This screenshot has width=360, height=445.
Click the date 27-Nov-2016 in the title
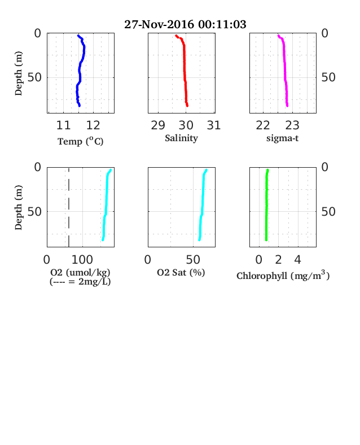pos(159,24)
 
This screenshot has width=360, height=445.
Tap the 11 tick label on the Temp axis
pos(63,125)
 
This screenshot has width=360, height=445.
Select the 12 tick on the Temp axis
pos(93,125)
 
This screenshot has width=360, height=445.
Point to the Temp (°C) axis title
pos(81,141)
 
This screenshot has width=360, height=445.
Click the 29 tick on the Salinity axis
pos(158,125)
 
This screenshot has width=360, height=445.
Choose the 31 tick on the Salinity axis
pos(214,125)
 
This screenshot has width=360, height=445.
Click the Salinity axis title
pos(182,138)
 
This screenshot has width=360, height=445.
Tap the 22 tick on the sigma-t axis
pos(263,125)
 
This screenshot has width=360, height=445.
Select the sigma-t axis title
pos(282,138)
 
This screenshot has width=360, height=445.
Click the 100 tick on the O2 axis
pos(82,260)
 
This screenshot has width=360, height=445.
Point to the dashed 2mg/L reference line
pos(69,207)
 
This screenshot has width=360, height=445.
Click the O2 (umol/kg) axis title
pos(80,272)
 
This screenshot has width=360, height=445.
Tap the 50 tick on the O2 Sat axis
pos(193,260)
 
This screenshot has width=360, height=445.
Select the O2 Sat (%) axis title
pos(181,272)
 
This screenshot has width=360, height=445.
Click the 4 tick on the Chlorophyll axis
pos(297,260)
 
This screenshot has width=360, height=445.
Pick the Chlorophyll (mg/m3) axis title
pos(283,275)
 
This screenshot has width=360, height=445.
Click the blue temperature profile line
pos(80,71)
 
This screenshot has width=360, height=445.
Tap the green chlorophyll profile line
pos(266,205)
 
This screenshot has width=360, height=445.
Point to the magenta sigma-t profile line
pos(284,71)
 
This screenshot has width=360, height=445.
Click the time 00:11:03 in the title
pos(222,24)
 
